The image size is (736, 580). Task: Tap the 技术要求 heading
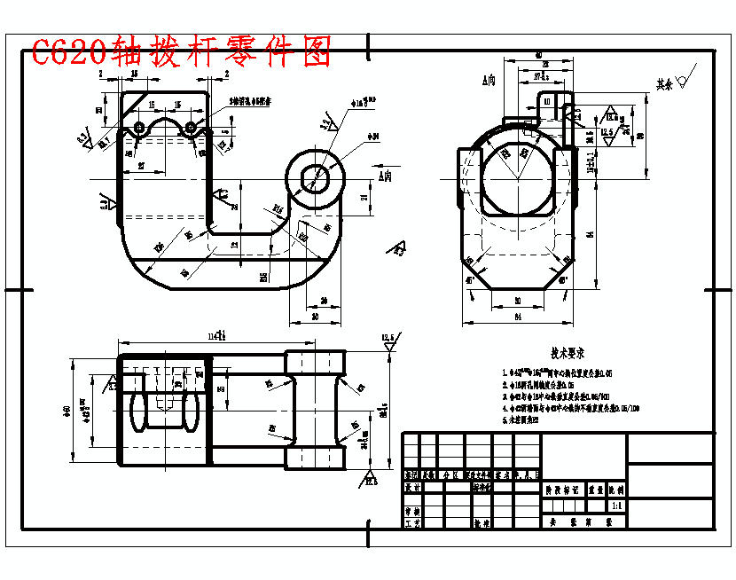[568, 352]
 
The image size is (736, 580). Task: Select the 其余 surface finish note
[664, 84]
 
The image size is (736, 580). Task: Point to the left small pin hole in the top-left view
[139, 129]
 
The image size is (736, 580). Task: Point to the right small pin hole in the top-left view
[190, 129]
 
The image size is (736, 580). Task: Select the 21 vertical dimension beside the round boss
[364, 199]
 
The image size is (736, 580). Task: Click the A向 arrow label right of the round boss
[385, 176]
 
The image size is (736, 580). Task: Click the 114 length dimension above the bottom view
[215, 335]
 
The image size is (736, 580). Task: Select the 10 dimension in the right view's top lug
[547, 102]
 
